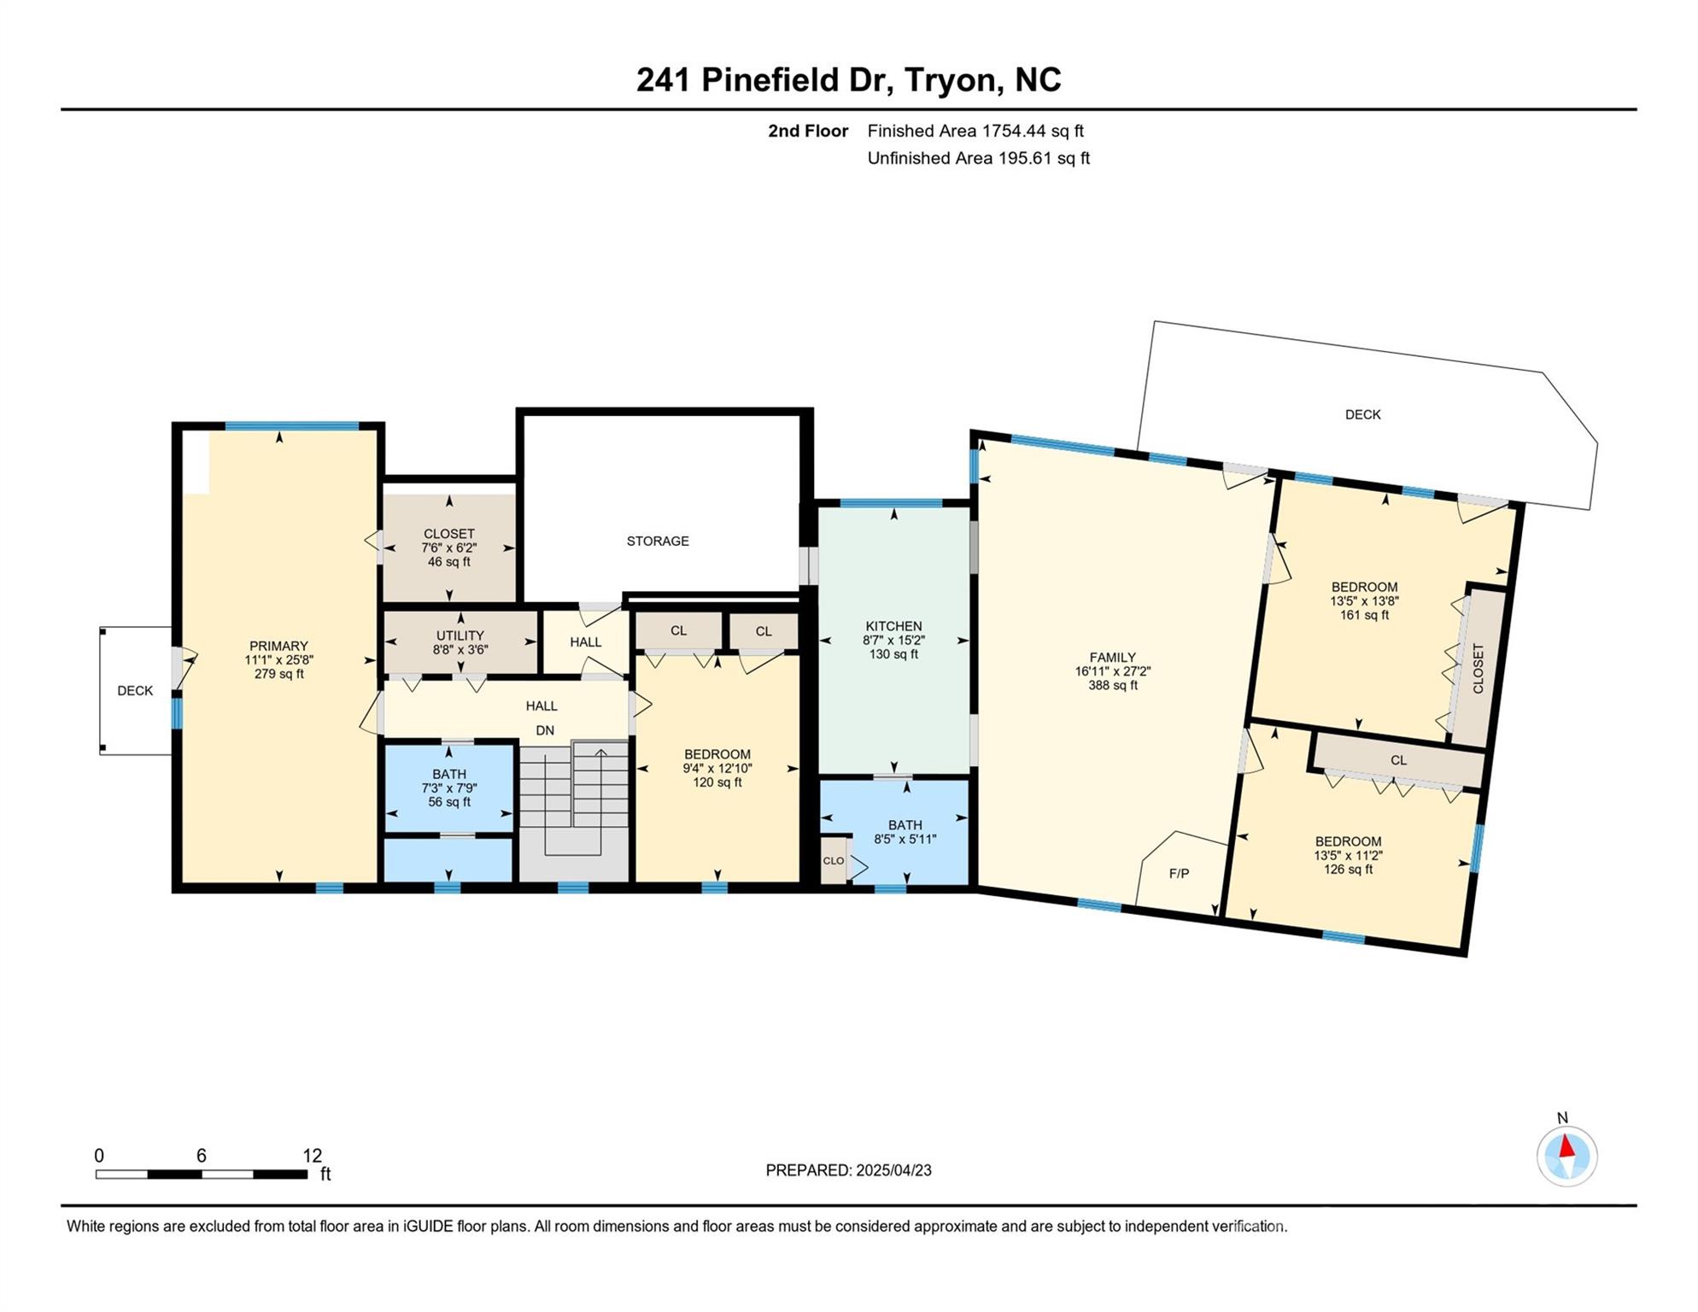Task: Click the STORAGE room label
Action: pyautogui.click(x=658, y=541)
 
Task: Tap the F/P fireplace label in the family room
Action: pyautogui.click(x=1179, y=873)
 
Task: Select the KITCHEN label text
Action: pyautogui.click(x=893, y=626)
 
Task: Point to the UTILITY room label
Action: pyautogui.click(x=460, y=635)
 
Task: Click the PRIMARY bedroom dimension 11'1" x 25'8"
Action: pyautogui.click(x=278, y=660)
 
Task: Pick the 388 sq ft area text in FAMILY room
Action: pyautogui.click(x=1112, y=685)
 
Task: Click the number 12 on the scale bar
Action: pyautogui.click(x=312, y=1156)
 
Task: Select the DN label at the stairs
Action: pyautogui.click(x=544, y=730)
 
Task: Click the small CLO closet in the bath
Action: pyautogui.click(x=833, y=861)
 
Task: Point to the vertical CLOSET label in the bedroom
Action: pyautogui.click(x=1478, y=668)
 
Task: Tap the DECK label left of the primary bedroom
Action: pyautogui.click(x=135, y=690)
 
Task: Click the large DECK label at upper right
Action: pyautogui.click(x=1362, y=414)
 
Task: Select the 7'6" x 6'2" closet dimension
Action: pyautogui.click(x=448, y=548)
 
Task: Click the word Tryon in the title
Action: pyautogui.click(x=951, y=80)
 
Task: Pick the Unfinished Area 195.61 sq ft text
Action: pyautogui.click(x=978, y=158)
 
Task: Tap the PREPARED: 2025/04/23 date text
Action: pyautogui.click(x=848, y=1170)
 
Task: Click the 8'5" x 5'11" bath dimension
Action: pyautogui.click(x=905, y=839)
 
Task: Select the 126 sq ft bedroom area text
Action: pyautogui.click(x=1348, y=870)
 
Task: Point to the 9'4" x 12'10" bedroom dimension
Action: pyautogui.click(x=717, y=768)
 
